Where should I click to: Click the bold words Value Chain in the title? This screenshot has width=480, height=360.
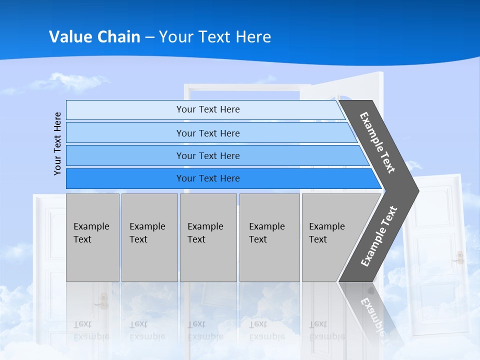click(94, 36)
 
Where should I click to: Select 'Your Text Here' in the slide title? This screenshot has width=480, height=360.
click(215, 36)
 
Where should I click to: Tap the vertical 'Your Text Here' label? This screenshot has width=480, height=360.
click(57, 143)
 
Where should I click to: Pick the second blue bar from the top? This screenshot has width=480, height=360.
click(208, 133)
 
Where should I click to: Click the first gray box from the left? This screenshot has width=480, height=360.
click(92, 237)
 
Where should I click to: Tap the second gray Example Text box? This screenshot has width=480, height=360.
click(149, 237)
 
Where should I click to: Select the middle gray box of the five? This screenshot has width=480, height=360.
click(207, 237)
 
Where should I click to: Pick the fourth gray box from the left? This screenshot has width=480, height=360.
click(269, 237)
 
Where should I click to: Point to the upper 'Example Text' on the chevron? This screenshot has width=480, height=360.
click(377, 142)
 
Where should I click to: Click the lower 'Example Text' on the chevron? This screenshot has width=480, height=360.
click(379, 236)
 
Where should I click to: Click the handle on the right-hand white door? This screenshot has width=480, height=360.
click(458, 257)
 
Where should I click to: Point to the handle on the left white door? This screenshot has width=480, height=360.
click(103, 300)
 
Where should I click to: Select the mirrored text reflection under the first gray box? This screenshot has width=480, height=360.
click(91, 330)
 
